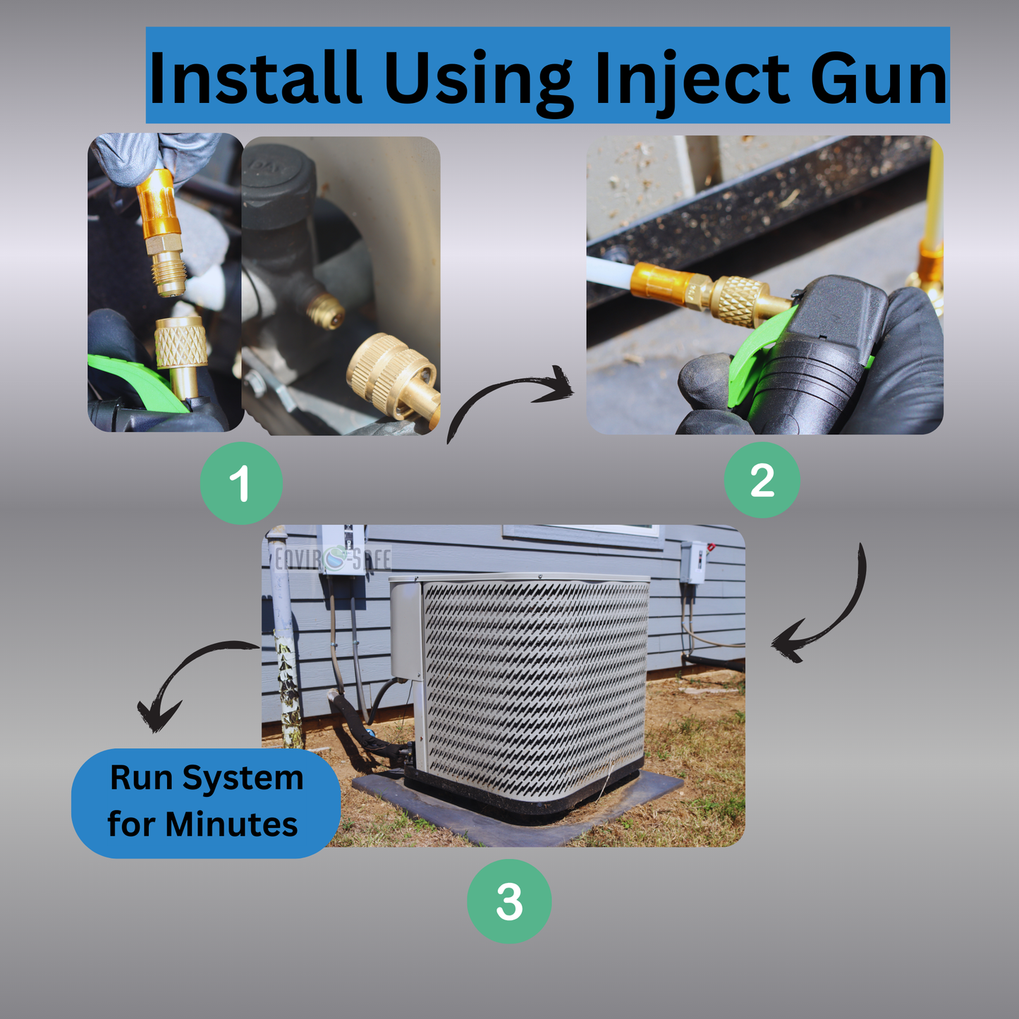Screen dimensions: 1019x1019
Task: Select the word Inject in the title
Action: [692, 83]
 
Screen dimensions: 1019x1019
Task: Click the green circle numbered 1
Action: [241, 483]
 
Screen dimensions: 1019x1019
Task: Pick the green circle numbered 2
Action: [762, 480]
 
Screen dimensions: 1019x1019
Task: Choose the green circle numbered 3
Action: [509, 901]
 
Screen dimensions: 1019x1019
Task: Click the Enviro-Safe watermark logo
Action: [333, 559]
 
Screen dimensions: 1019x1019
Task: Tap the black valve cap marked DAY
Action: [279, 185]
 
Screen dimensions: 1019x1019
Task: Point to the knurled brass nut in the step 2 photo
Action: [738, 300]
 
